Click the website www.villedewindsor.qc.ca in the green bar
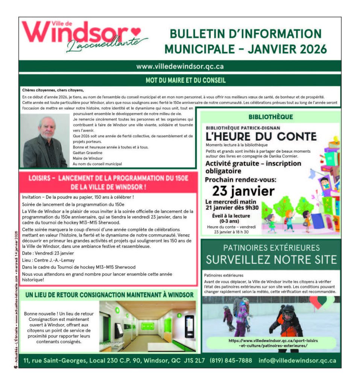click(180, 66)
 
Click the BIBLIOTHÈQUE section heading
click(271, 117)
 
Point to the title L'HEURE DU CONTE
click(261, 136)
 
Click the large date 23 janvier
click(243, 191)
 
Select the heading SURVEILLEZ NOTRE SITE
click(271, 259)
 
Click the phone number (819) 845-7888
click(231, 360)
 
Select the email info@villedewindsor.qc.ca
click(297, 360)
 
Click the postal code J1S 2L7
click(194, 360)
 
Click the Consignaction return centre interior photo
click(147, 326)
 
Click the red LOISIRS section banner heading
click(108, 182)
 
